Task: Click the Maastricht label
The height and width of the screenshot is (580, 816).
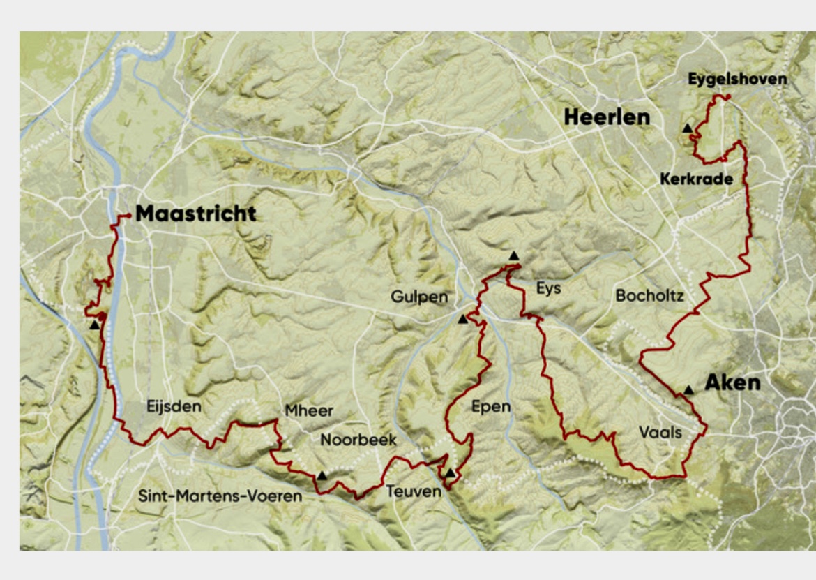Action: (195, 214)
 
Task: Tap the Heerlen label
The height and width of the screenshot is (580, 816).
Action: (606, 117)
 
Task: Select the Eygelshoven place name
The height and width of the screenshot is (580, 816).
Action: (737, 79)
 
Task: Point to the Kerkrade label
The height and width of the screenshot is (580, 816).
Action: (696, 179)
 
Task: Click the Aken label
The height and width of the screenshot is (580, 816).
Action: (732, 383)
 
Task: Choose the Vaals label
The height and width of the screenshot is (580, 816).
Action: (660, 433)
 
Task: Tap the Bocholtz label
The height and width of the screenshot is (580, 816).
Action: (649, 296)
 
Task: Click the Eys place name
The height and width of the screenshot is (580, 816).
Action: (549, 288)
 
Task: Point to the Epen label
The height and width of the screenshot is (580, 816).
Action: (491, 407)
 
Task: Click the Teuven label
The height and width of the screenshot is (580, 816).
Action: (414, 491)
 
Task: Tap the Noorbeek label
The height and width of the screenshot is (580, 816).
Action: (358, 440)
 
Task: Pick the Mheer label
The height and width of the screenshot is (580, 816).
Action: (309, 411)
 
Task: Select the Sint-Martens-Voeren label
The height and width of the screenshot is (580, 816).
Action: (220, 496)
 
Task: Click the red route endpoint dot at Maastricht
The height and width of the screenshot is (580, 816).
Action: (129, 216)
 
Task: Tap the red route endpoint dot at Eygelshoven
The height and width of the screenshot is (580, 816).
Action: (727, 97)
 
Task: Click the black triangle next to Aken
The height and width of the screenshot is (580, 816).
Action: (689, 389)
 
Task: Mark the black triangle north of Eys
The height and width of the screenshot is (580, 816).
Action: (514, 255)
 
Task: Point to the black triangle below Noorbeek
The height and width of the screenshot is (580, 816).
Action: (322, 475)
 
